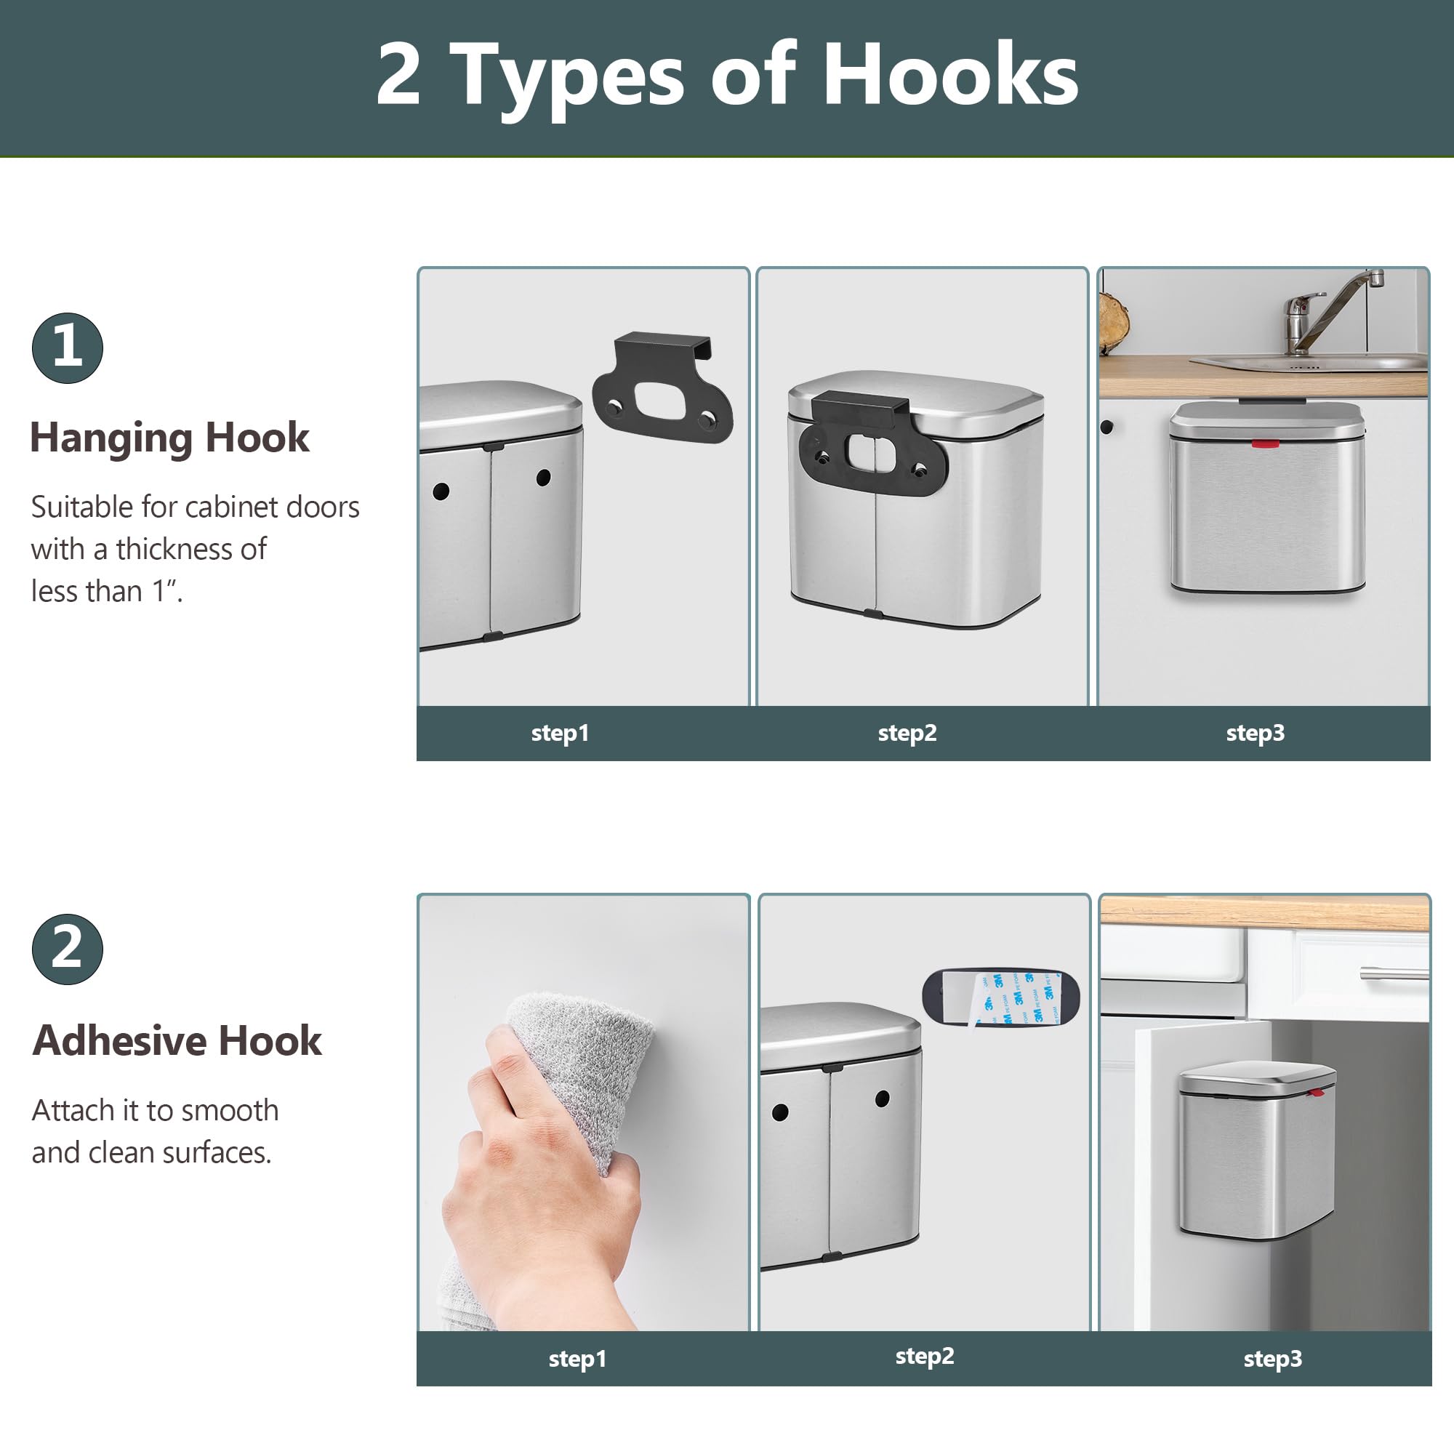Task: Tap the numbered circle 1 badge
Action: coord(68,348)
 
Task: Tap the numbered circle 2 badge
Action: coord(68,949)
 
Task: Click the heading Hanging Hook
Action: coord(169,438)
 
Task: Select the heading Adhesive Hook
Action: coord(177,1041)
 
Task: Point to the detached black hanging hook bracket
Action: coord(662,388)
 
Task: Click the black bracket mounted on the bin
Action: coord(872,444)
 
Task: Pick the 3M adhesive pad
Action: coord(1001,998)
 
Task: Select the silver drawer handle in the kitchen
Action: coord(1394,973)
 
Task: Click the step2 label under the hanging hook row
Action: coord(907,733)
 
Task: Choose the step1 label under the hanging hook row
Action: coord(560,733)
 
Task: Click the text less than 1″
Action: coord(107,592)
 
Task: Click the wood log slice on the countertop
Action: coord(1114,322)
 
